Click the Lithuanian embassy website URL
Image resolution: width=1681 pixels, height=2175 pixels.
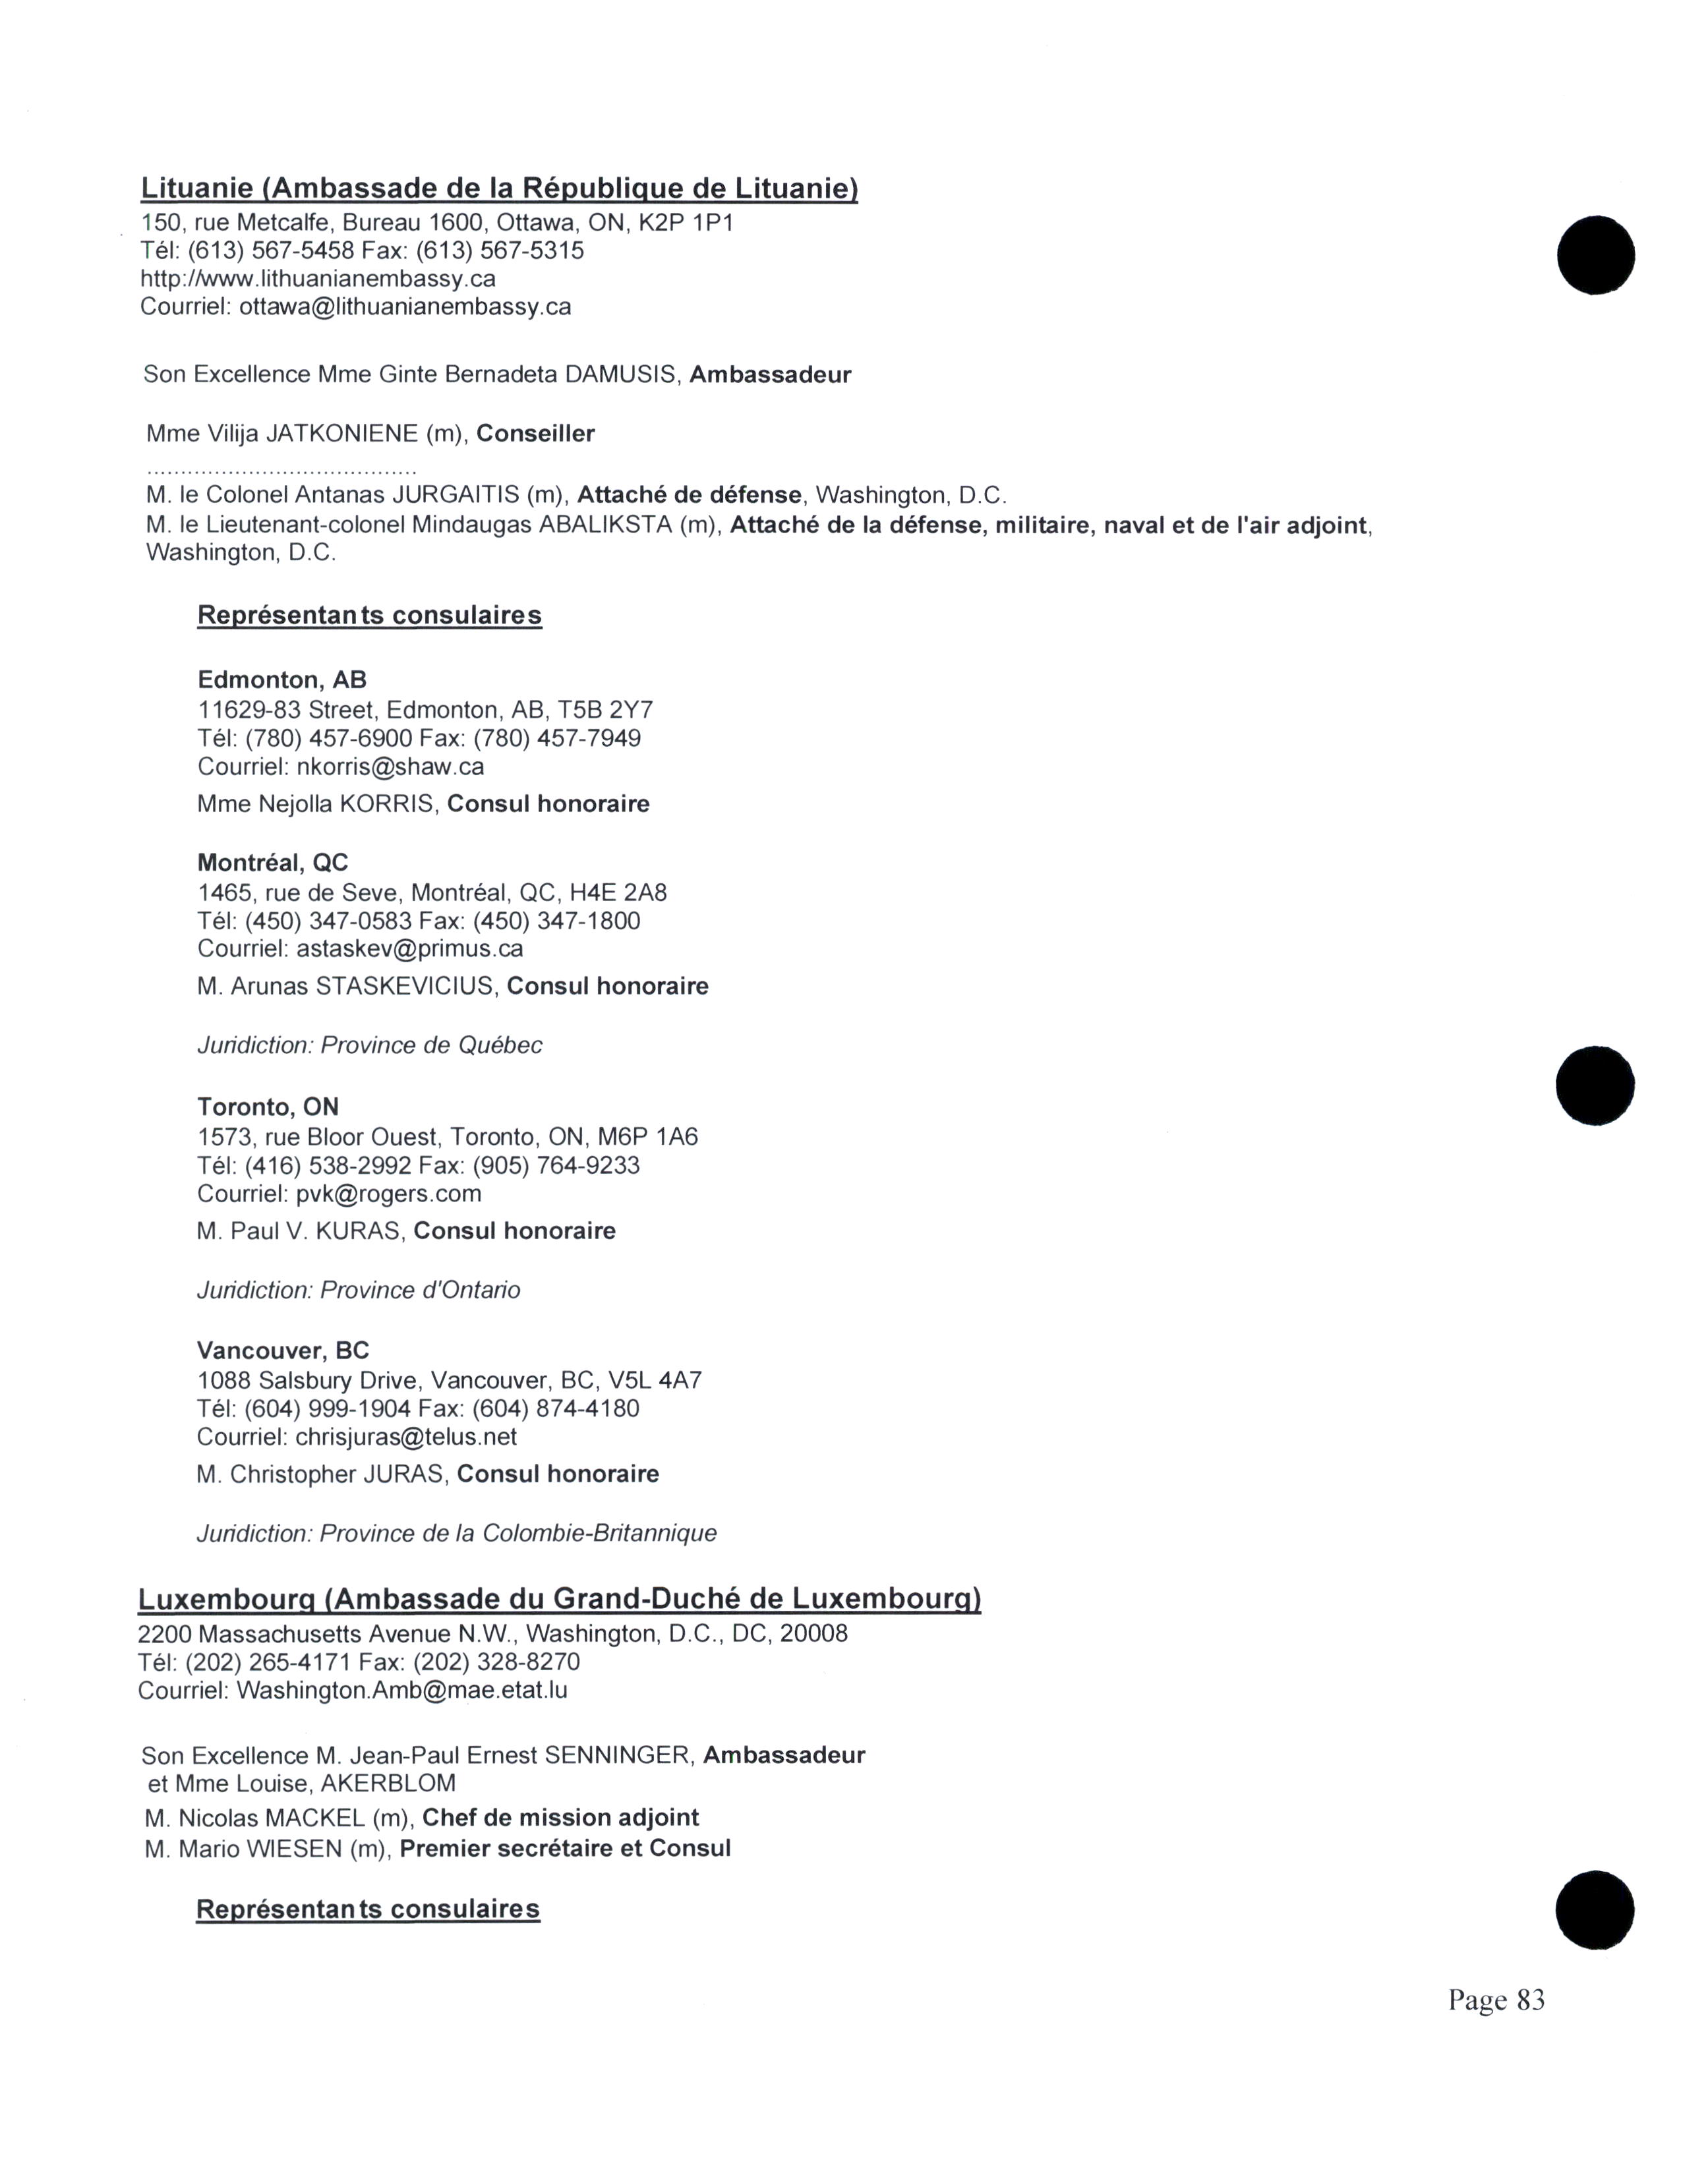pos(318,279)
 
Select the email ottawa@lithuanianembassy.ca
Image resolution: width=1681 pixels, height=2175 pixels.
pos(404,306)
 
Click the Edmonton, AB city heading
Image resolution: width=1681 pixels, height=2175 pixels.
pos(282,680)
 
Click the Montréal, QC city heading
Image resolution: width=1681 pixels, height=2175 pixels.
pos(273,863)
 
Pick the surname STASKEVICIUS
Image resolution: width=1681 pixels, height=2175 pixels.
pos(404,987)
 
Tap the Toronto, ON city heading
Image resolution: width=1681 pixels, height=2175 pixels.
pos(268,1107)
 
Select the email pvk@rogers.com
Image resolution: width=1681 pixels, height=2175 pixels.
pos(388,1194)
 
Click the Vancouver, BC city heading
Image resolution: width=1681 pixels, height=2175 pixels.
pos(283,1351)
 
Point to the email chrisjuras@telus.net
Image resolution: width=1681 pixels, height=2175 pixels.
pos(406,1437)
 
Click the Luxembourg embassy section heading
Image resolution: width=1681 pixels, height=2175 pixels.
pos(558,1600)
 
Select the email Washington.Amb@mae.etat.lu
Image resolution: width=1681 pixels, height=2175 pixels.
pos(401,1690)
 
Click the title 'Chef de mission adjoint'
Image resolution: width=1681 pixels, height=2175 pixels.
pos(561,1818)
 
